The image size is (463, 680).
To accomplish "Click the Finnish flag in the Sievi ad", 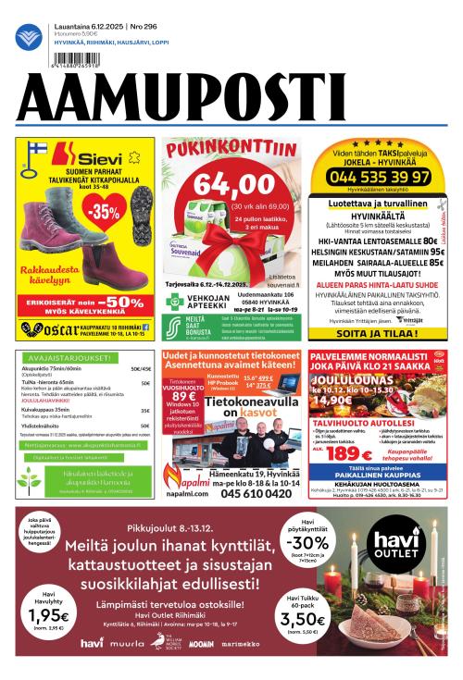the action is click(x=38, y=151).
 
